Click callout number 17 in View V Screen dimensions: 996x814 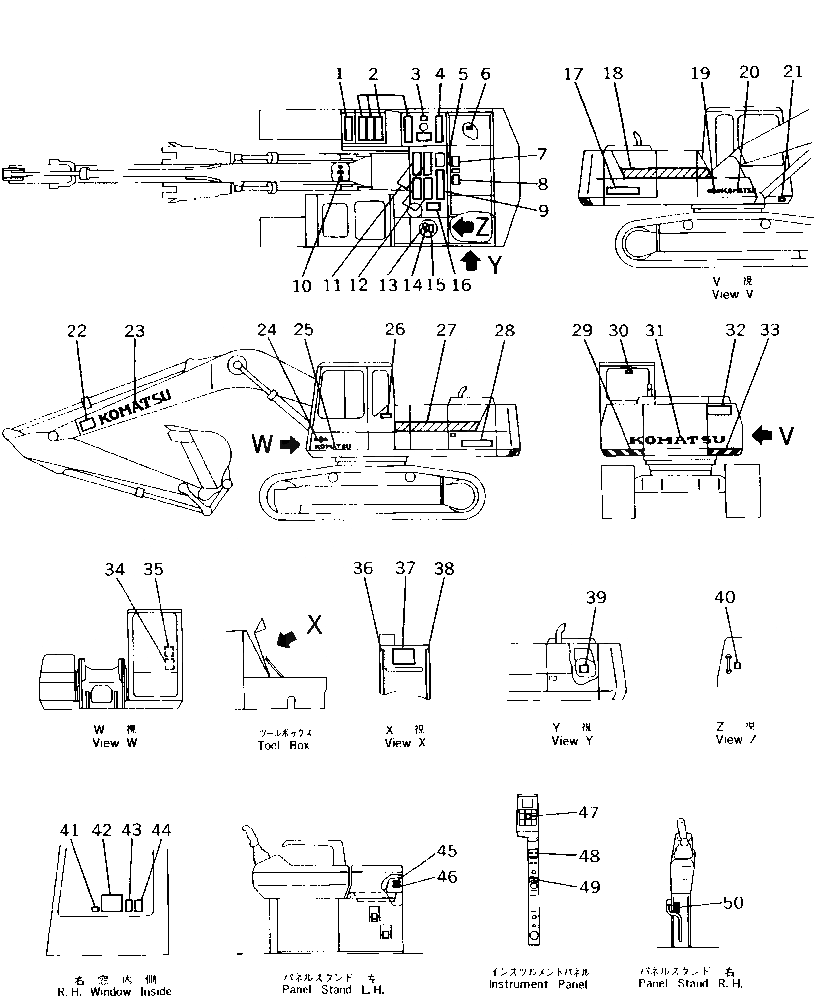click(x=573, y=74)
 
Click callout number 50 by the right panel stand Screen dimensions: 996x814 click(x=733, y=903)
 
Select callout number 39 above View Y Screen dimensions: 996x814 click(x=596, y=598)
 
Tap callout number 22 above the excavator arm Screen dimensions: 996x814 click(x=77, y=331)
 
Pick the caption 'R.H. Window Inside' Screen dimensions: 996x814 click(x=114, y=991)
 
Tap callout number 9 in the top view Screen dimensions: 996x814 click(x=543, y=211)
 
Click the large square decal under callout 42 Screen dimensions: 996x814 click(x=112, y=903)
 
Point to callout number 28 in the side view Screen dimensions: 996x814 click(x=505, y=331)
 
